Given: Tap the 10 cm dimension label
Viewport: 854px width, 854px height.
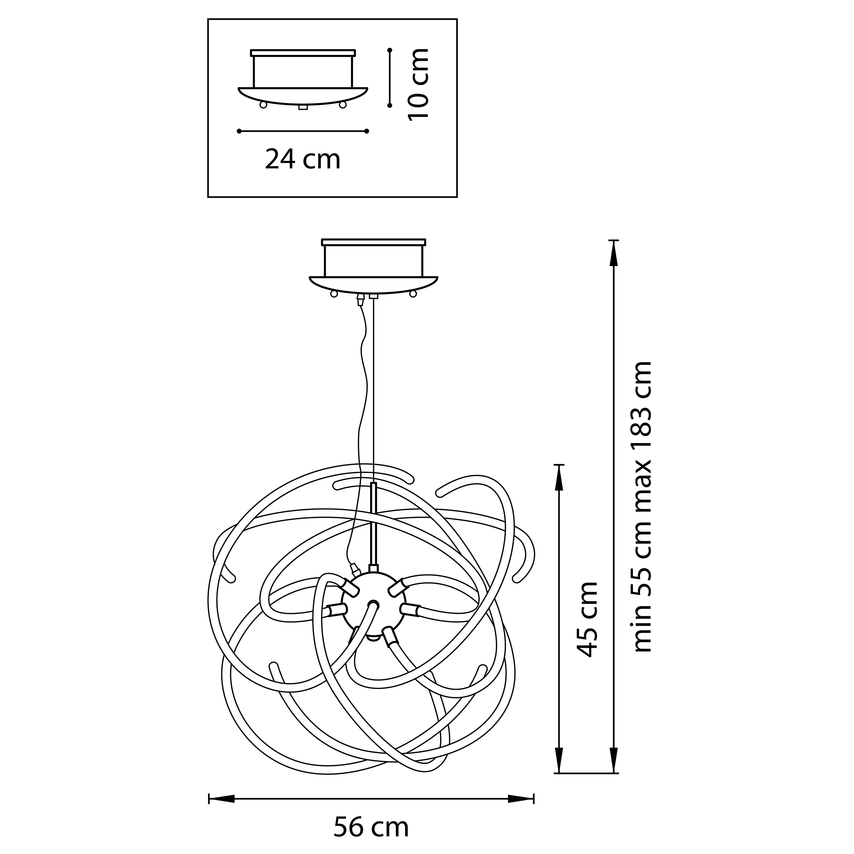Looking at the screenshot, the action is tap(418, 84).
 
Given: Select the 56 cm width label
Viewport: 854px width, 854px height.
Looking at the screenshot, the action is tap(371, 827).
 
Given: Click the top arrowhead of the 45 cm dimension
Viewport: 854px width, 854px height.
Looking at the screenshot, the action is tap(559, 478).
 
